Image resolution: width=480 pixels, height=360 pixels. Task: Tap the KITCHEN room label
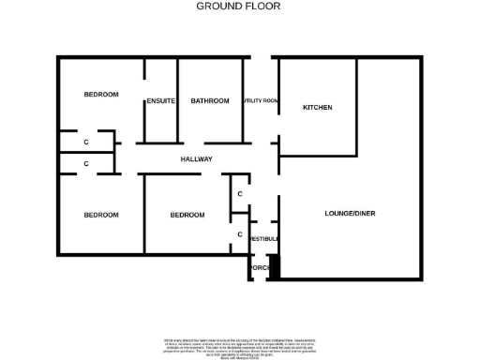tap(317, 108)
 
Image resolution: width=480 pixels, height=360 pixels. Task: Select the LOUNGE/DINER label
tap(350, 214)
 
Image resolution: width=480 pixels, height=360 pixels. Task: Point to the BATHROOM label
tap(210, 101)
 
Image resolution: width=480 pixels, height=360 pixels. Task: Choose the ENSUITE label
tap(160, 101)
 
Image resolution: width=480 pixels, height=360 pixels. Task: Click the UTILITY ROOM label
tap(260, 101)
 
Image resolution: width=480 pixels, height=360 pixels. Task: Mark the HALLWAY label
tap(197, 159)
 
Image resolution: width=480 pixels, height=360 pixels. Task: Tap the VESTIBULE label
tap(263, 239)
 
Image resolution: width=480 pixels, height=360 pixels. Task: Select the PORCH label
tap(259, 268)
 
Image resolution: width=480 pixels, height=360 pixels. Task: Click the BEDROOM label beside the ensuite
tap(101, 95)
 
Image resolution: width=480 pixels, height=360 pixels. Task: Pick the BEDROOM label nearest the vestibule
tap(187, 215)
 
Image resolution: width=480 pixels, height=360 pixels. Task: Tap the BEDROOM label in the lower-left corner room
tap(101, 215)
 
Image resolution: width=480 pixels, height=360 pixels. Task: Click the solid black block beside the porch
tap(274, 266)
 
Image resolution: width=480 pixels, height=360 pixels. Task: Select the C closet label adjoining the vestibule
tap(240, 234)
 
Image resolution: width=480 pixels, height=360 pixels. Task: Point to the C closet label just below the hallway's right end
tap(240, 194)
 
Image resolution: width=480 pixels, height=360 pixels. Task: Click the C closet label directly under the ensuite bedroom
tap(86, 142)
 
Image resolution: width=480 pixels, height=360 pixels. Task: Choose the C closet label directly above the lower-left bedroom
tap(86, 163)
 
